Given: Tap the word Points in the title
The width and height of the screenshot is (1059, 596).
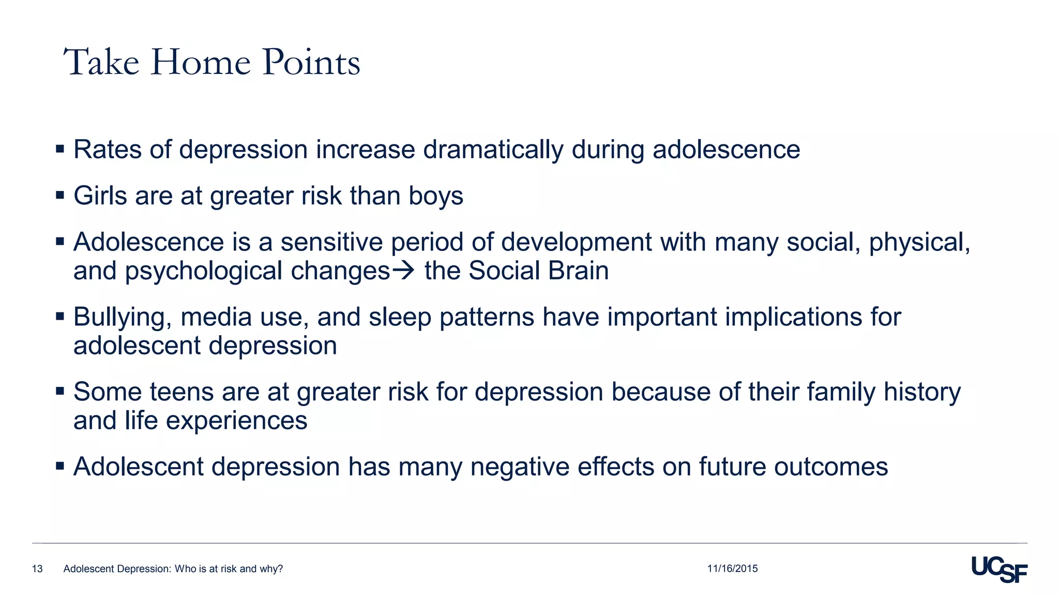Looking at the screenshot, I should (311, 63).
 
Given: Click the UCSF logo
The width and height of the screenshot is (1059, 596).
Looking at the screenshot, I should (999, 569).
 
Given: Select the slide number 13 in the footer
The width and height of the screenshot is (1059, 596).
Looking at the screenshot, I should (37, 569).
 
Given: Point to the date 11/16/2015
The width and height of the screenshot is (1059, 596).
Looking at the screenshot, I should (732, 569).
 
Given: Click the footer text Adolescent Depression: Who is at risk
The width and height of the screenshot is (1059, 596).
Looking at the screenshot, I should (173, 569).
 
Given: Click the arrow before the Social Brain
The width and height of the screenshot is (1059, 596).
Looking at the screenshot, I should (404, 271).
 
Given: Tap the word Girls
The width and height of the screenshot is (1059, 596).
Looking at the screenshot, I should (100, 196).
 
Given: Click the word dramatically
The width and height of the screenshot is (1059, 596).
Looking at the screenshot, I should (493, 150).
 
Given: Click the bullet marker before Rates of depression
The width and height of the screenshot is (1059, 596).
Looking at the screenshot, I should (60, 150).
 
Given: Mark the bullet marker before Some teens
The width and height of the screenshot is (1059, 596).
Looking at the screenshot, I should (60, 391).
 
